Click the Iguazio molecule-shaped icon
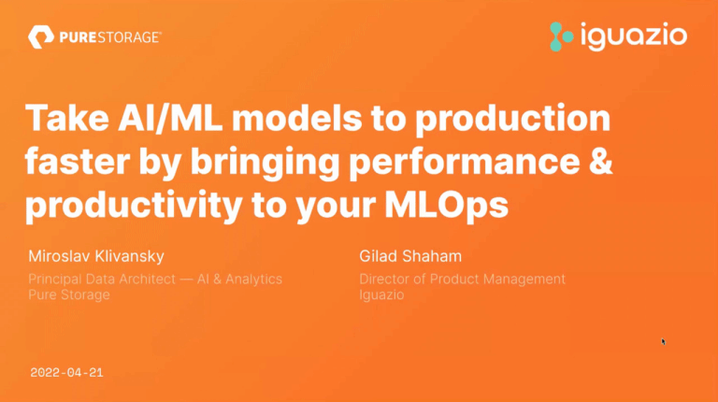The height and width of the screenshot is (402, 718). [561, 36]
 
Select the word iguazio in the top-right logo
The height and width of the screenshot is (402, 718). [633, 36]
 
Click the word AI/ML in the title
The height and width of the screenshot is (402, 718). [146, 121]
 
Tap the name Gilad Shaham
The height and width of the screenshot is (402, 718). [404, 256]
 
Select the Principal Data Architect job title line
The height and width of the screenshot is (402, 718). [154, 279]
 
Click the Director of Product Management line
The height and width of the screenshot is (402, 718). [462, 279]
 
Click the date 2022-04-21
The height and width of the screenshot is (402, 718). [66, 372]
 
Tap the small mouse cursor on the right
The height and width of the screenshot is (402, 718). [663, 341]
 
